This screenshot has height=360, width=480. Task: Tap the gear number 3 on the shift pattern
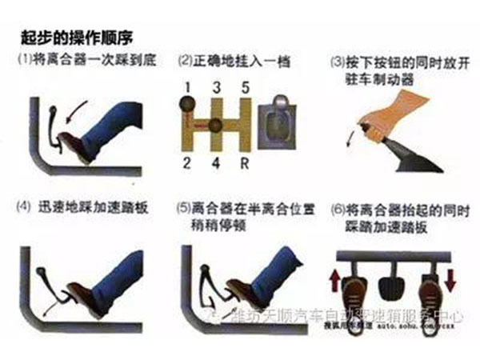click(215, 86)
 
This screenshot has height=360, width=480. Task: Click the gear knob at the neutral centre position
click(215, 126)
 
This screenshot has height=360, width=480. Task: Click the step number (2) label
click(185, 59)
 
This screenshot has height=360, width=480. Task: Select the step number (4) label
click(24, 206)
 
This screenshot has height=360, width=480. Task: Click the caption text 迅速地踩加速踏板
click(86, 206)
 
